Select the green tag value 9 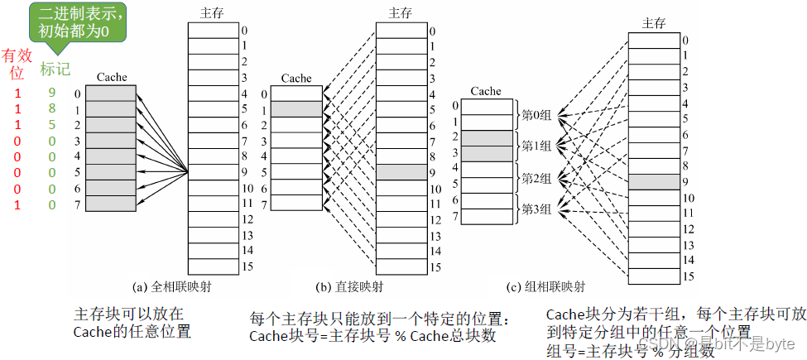click(x=51, y=94)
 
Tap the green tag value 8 click(x=51, y=109)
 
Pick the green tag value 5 click(x=51, y=125)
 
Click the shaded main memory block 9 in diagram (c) click(x=654, y=181)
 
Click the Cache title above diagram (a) click(x=112, y=78)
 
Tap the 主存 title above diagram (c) click(x=654, y=24)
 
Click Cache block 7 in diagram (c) click(x=486, y=217)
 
